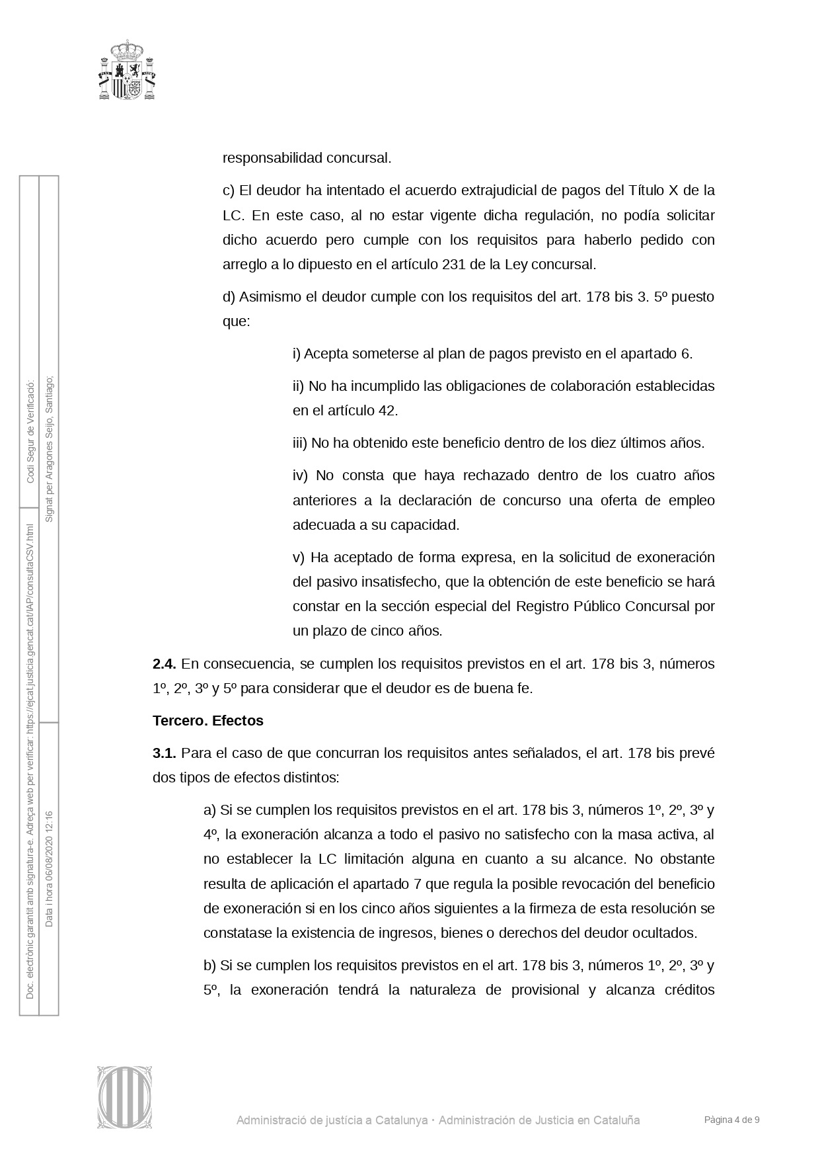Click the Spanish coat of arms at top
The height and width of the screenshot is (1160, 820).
pos(128,70)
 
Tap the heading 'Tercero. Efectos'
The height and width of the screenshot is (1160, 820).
pos(207,720)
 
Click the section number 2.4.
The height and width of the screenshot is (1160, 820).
pos(164,663)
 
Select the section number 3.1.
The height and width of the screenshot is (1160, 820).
pos(164,753)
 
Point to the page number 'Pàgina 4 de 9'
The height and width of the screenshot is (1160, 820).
pos(731,1120)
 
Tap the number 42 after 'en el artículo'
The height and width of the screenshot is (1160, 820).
pos(387,410)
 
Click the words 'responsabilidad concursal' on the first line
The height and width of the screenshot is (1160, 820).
pos(307,158)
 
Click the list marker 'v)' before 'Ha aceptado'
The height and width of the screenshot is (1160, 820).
pos(299,557)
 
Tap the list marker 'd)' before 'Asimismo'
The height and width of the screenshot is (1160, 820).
pos(229,296)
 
